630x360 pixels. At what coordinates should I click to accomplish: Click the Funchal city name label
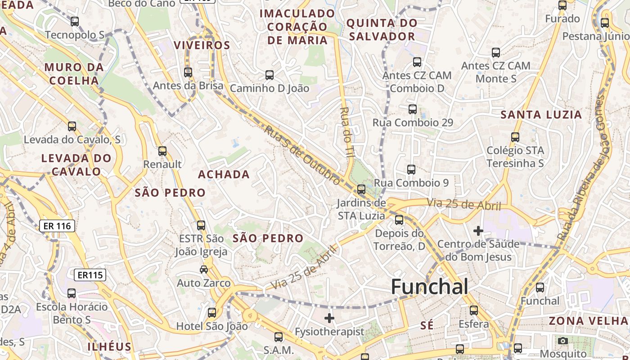[429, 287]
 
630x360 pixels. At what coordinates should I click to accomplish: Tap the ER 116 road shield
[57, 226]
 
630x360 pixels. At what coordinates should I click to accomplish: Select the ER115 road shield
[90, 274]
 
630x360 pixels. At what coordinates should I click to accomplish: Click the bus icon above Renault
[162, 151]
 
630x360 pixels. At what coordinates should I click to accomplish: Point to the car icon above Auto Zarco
[203, 270]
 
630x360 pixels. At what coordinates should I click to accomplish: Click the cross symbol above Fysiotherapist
[329, 318]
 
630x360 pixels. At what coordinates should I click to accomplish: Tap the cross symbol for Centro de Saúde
[478, 231]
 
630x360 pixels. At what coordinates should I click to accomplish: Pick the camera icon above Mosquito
[562, 341]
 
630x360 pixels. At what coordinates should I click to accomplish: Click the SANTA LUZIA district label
[541, 115]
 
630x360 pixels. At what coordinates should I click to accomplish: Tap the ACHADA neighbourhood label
[224, 175]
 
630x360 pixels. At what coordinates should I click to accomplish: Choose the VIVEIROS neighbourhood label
[202, 45]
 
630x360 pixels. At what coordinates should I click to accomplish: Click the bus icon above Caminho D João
[270, 75]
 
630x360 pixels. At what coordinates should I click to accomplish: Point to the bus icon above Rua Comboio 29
[413, 109]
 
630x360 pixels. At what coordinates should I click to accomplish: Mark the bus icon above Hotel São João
[211, 312]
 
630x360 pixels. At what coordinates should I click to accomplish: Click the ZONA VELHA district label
[588, 321]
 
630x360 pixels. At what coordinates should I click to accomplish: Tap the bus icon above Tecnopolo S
[75, 21]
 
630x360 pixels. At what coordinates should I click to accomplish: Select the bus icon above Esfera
[473, 310]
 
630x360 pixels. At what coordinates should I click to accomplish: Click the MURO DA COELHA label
[74, 74]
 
